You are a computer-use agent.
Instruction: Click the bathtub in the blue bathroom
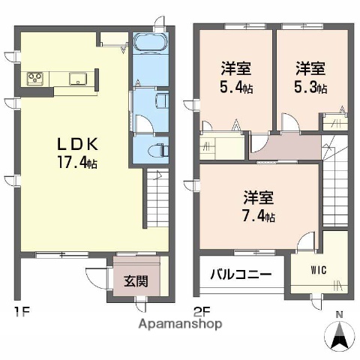coord(152,43)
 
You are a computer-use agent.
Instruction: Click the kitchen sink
coord(76,78)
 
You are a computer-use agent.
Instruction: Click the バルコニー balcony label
coord(241,274)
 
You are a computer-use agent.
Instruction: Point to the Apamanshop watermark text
coord(181,325)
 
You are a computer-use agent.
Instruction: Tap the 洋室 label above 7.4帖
coord(258,199)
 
